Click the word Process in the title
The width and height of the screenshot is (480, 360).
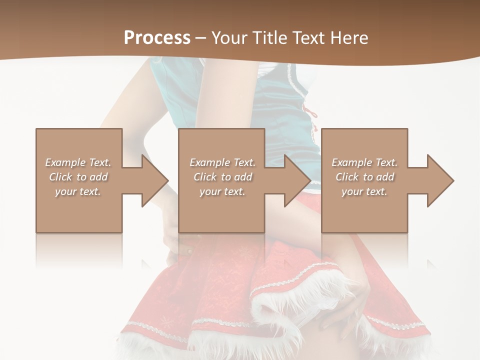(x=157, y=38)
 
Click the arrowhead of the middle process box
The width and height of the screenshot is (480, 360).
(x=297, y=180)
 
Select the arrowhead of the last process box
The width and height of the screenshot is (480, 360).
(x=440, y=180)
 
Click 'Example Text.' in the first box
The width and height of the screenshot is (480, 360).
(x=78, y=162)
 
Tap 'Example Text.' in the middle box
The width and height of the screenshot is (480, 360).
(x=222, y=162)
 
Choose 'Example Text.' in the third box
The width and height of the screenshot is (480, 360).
(x=364, y=162)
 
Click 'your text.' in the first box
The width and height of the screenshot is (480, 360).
(x=78, y=191)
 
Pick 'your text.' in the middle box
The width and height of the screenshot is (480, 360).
(x=222, y=191)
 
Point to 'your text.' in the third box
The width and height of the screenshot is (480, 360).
(x=364, y=191)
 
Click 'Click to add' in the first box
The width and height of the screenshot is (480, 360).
(x=78, y=177)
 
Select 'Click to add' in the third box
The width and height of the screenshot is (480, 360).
(x=364, y=177)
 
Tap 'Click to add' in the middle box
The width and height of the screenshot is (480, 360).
(x=222, y=177)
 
